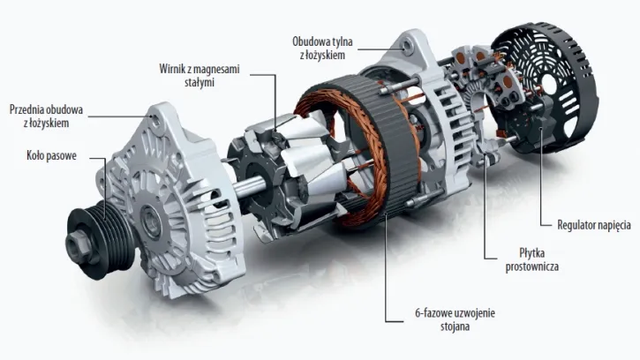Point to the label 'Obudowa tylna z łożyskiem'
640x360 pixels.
point(326,47)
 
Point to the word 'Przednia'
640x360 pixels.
point(29,109)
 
